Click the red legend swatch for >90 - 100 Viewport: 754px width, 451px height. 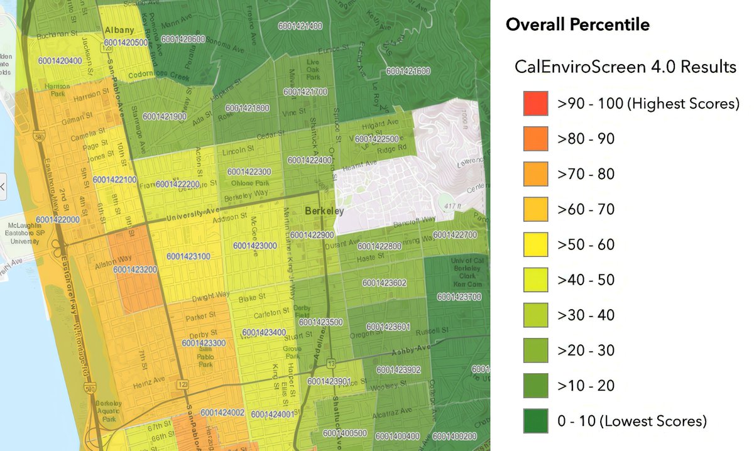[x=536, y=104]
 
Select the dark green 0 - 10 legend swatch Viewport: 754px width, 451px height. [x=536, y=420]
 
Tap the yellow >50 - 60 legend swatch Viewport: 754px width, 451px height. [x=536, y=244]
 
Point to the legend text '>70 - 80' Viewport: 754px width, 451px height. [x=586, y=174]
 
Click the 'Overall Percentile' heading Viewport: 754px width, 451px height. [x=577, y=25]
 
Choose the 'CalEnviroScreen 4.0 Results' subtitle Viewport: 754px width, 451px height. [x=625, y=67]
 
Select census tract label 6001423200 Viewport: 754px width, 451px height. [x=135, y=269]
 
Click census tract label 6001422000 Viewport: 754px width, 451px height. [x=58, y=219]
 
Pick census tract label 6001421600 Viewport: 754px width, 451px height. [x=408, y=71]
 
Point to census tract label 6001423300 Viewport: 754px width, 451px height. [x=204, y=343]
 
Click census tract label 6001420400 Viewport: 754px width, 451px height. [x=60, y=61]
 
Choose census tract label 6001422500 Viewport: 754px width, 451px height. [x=376, y=139]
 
